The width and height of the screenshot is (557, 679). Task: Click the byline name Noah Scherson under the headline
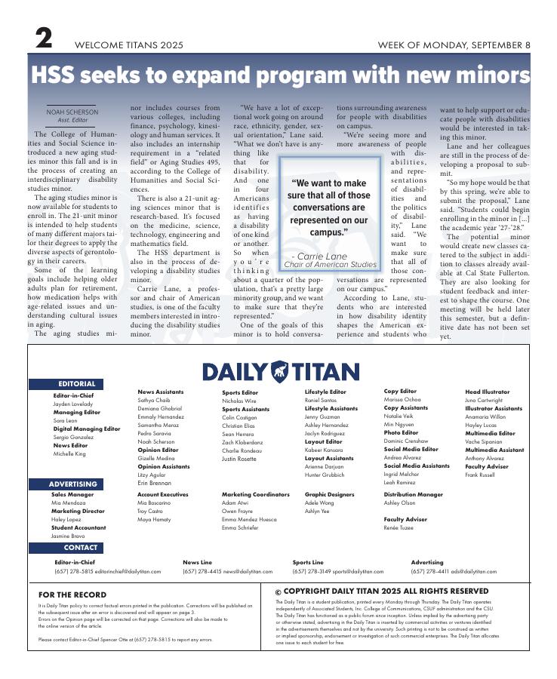tap(72, 112)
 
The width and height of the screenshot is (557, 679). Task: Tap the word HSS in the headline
tap(58, 76)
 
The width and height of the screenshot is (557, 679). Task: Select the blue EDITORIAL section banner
tap(76, 384)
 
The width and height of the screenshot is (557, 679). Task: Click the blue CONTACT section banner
tap(80, 548)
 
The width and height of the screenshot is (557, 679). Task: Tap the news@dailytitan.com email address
tap(248, 572)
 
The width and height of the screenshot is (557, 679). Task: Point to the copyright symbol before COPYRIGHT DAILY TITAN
tap(278, 593)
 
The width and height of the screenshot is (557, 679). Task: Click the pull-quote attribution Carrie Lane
tap(328, 257)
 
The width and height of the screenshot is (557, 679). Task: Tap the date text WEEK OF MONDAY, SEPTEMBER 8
tap(454, 45)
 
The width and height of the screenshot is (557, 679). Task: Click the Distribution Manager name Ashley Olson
tap(399, 503)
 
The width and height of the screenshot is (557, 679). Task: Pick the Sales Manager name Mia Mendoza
tap(69, 503)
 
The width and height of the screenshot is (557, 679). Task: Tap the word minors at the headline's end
tap(483, 76)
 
